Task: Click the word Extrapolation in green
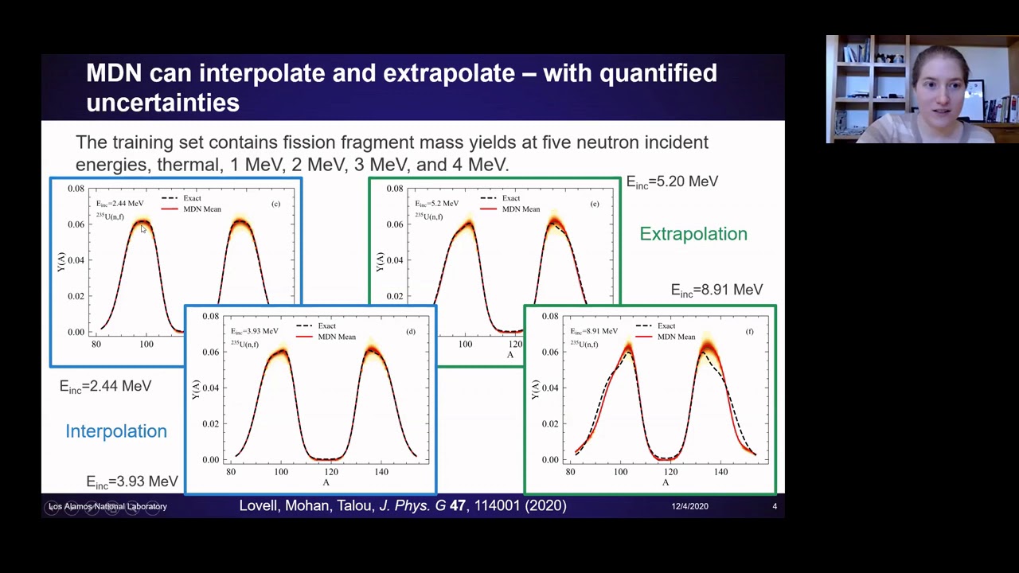[693, 234]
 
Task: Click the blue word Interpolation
[116, 431]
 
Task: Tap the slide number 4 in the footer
[774, 506]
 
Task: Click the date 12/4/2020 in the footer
[689, 506]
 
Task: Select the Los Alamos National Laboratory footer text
[107, 506]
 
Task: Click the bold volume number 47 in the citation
[457, 505]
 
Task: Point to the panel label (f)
[749, 331]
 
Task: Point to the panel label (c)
[275, 204]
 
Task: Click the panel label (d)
[410, 331]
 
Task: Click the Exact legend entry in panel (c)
[192, 198]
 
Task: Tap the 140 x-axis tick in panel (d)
[381, 472]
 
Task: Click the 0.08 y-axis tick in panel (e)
[394, 189]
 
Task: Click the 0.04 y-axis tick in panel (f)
[549, 388]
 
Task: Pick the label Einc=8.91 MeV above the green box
[716, 290]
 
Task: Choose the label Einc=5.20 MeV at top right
[672, 182]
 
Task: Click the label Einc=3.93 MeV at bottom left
[131, 482]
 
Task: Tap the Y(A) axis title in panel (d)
[195, 388]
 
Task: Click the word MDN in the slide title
[114, 73]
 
